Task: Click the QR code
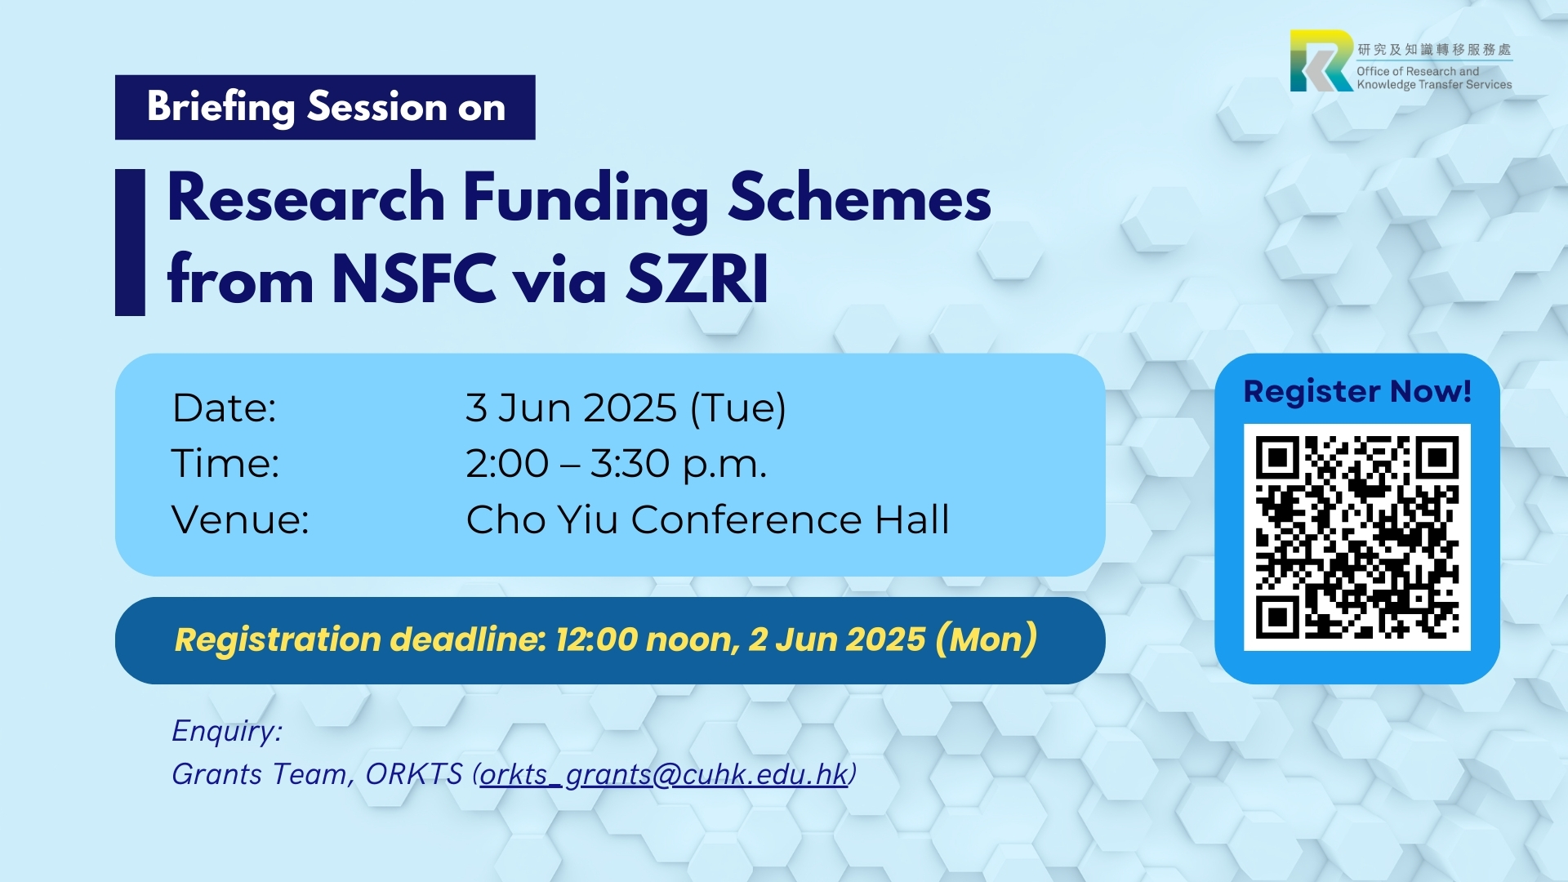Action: pos(1356,537)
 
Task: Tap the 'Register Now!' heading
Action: pos(1357,391)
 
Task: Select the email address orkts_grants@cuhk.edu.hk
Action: pos(664,774)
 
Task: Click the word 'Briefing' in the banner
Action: pos(221,108)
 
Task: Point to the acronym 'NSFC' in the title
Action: pos(414,278)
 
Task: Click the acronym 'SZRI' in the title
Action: pos(697,278)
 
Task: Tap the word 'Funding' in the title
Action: pos(586,199)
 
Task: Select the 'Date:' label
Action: pos(225,408)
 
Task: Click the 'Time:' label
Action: pos(225,463)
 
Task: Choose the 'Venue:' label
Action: pos(240,519)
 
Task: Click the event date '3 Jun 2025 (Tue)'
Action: pos(626,408)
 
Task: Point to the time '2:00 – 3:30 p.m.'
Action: pos(617,464)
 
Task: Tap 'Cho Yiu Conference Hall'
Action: pos(708,519)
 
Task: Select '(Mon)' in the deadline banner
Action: pos(987,639)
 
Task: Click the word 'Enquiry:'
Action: pos(227,731)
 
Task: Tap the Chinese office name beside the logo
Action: pos(1434,50)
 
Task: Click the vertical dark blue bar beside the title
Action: pos(130,242)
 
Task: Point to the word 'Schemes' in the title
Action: pos(859,198)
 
